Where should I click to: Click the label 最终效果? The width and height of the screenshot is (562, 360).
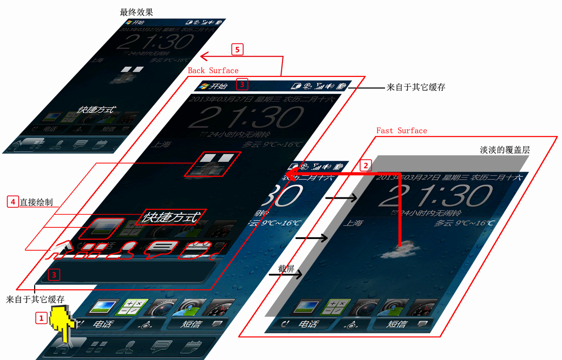click(136, 12)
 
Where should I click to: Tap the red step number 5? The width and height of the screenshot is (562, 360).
click(237, 49)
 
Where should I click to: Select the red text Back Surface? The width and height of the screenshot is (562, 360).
click(213, 70)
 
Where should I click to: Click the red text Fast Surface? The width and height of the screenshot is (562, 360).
click(402, 130)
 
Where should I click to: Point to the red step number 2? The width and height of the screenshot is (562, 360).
click(366, 165)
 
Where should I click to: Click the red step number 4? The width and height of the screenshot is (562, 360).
click(13, 202)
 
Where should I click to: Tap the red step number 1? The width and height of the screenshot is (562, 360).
click(41, 318)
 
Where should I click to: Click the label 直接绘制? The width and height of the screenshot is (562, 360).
click(36, 202)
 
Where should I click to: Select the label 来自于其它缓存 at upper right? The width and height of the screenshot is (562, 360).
click(415, 87)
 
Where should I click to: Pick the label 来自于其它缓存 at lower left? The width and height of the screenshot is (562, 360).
click(35, 299)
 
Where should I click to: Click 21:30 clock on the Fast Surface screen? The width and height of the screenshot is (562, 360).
click(436, 196)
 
